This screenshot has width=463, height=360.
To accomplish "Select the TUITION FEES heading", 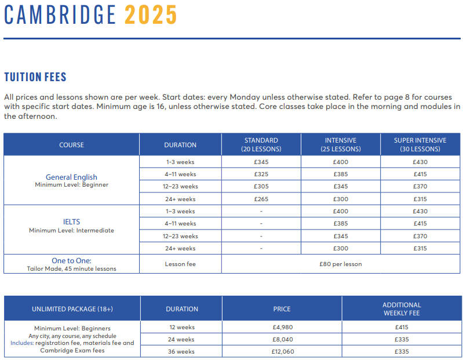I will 35,77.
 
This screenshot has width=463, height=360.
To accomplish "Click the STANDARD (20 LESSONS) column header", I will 261,144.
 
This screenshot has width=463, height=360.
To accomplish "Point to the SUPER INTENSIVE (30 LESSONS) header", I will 420,144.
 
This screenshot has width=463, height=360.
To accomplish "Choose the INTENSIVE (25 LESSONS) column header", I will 341,144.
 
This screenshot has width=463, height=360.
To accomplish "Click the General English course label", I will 71,177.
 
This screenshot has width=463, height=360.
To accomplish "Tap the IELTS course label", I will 71,221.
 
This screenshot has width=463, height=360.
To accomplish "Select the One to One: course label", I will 71,261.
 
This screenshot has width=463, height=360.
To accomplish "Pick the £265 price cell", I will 261,199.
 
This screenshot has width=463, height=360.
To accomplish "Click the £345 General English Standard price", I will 261,162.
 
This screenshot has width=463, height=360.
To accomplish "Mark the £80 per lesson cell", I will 341,264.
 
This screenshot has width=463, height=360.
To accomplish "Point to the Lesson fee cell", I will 180,264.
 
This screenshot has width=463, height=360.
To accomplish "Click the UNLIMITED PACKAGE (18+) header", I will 72,309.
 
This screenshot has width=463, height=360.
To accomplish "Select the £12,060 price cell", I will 282,352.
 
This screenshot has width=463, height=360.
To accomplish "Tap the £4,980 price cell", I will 282,327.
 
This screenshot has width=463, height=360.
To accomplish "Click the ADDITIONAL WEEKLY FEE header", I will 402,308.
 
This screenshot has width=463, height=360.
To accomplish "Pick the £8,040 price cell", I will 282,339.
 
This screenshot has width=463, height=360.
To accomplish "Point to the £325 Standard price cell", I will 261,174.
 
